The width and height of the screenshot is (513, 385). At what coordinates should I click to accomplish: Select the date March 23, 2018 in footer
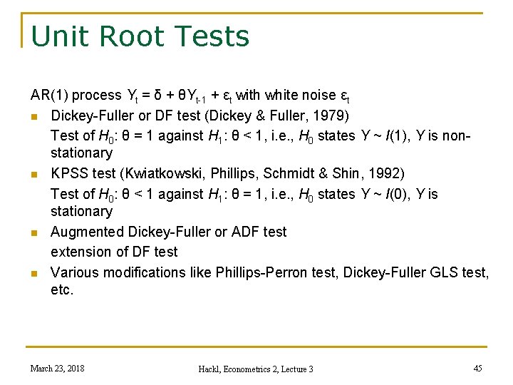coord(57,368)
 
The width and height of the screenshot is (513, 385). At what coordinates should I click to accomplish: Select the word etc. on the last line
coord(62,290)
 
